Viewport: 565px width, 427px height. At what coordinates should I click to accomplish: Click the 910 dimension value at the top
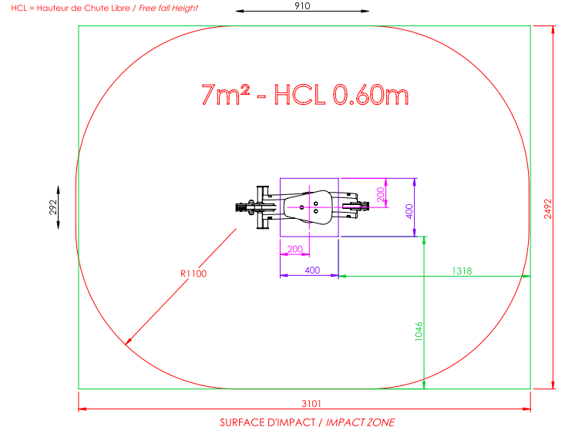[302, 5]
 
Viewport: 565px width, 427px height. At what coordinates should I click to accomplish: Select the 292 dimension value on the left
[53, 207]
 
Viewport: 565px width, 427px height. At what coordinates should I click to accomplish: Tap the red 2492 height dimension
[548, 209]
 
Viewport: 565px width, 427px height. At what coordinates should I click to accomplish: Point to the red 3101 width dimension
[311, 403]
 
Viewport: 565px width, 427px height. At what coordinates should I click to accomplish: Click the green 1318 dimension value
[462, 271]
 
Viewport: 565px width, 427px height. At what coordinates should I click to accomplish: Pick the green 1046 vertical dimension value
[419, 331]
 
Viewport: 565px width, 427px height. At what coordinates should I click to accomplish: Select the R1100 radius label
[193, 274]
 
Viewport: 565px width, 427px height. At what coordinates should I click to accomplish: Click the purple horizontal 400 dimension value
[312, 271]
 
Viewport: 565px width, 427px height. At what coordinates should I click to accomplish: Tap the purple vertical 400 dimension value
[409, 211]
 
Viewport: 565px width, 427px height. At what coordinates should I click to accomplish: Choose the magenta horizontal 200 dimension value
[294, 249]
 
